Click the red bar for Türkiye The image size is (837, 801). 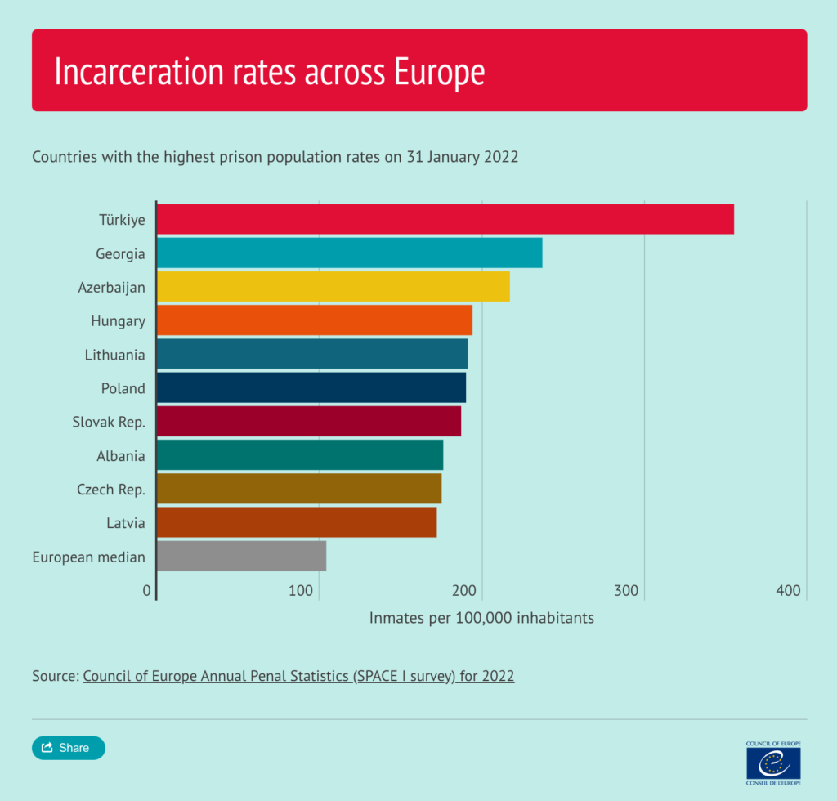coord(445,219)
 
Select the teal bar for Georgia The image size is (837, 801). coord(349,253)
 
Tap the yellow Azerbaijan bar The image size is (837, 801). coord(333,286)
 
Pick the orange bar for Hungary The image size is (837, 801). coord(314,320)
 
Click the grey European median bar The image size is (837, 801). coord(241,556)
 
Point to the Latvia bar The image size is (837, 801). coord(296,522)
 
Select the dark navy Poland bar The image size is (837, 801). coord(311,387)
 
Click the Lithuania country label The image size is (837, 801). coord(115,355)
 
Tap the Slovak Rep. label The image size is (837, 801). coord(109,423)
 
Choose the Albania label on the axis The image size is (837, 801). coord(120,456)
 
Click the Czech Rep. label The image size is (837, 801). coord(111,490)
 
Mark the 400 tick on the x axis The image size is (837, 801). coord(788,591)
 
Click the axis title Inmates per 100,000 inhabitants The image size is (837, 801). coord(481,618)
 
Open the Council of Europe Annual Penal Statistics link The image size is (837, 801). coord(298,676)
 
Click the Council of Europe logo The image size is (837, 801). coord(773,762)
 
